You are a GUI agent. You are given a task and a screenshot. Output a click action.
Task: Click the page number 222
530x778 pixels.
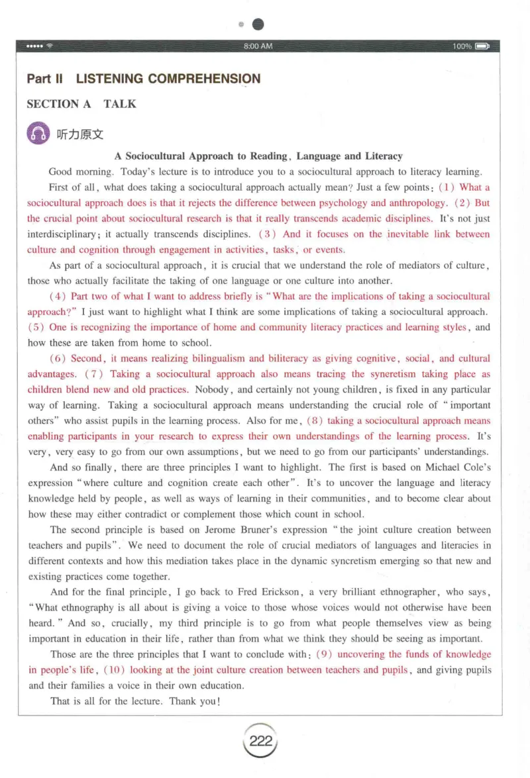[260, 741]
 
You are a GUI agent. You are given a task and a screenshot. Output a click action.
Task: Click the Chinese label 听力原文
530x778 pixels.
[80, 134]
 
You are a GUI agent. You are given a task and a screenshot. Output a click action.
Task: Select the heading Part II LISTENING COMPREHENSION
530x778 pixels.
[144, 79]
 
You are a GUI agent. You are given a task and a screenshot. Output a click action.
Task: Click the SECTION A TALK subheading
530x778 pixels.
[81, 104]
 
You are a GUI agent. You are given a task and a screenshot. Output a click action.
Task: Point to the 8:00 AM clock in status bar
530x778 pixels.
[258, 46]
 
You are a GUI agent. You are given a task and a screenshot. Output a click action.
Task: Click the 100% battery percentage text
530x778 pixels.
[462, 46]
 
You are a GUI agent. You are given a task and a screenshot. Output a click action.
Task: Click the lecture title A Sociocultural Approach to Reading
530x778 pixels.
[258, 156]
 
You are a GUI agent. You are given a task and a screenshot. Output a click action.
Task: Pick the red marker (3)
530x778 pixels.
[267, 234]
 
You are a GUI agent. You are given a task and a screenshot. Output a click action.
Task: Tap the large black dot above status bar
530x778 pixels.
[258, 24]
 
